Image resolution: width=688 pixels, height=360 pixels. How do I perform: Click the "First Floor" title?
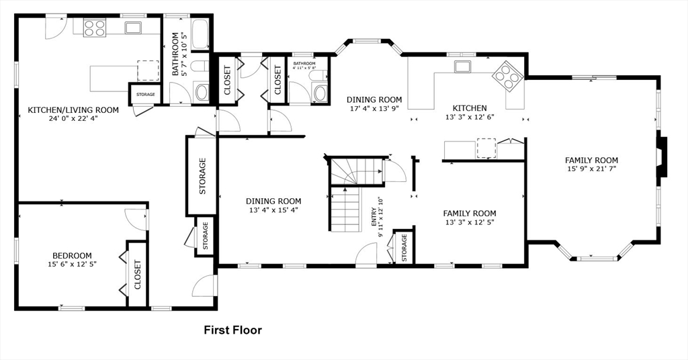pyautogui.click(x=232, y=330)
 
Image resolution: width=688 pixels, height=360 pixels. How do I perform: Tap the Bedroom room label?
pyautogui.click(x=72, y=256)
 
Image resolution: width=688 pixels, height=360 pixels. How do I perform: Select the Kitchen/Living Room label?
pyautogui.click(x=73, y=109)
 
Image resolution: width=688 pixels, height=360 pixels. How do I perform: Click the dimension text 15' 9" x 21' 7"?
pyautogui.click(x=591, y=169)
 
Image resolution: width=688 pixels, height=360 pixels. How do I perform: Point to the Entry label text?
pyautogui.click(x=374, y=217)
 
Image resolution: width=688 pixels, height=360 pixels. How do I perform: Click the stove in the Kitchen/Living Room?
pyautogui.click(x=94, y=28)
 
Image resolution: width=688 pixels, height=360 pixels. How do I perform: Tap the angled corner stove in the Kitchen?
pyautogui.click(x=508, y=77)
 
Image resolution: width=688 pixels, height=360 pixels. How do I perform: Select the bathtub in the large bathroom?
pyautogui.click(x=201, y=34)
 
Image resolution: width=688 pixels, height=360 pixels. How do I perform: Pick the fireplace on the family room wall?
pyautogui.click(x=661, y=157)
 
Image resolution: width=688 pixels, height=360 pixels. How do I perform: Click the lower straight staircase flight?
pyautogui.click(x=345, y=209)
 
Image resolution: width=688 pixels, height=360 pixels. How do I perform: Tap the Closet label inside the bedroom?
pyautogui.click(x=137, y=275)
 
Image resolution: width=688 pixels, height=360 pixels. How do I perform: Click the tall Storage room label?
pyautogui.click(x=202, y=176)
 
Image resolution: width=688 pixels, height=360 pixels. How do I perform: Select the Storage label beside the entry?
pyautogui.click(x=404, y=247)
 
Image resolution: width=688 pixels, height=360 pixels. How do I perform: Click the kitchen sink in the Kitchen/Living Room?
pyautogui.click(x=132, y=28)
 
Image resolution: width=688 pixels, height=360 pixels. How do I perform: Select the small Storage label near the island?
pyautogui.click(x=145, y=94)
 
